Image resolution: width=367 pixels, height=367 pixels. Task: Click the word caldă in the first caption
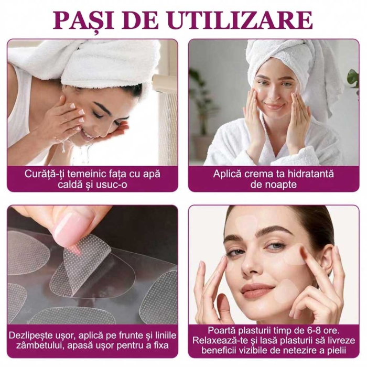[63, 185]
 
